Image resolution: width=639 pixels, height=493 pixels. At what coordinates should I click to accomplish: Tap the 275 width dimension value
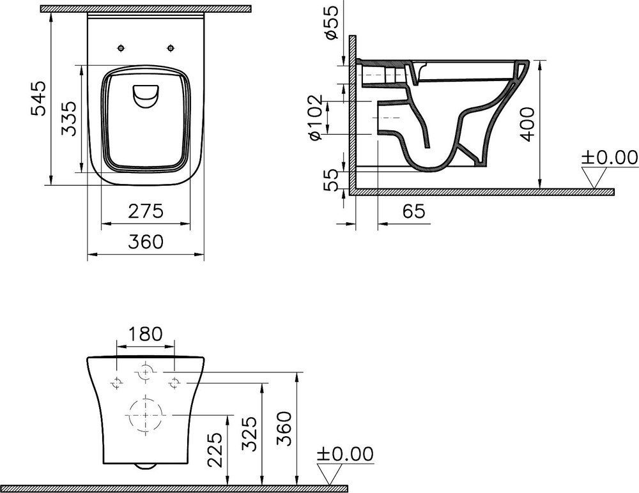pyautogui.click(x=146, y=210)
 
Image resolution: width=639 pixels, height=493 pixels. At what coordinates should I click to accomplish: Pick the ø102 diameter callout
pyautogui.click(x=313, y=118)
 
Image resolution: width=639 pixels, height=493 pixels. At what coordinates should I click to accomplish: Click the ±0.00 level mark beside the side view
pyautogui.click(x=608, y=158)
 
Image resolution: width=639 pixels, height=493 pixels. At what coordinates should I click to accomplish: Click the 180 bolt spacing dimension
pyautogui.click(x=146, y=334)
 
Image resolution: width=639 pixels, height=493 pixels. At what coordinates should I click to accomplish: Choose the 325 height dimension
pyautogui.click(x=250, y=432)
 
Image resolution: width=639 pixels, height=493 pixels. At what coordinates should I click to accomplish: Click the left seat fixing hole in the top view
pyautogui.click(x=121, y=48)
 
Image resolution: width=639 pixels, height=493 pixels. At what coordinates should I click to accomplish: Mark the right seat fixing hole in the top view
pyautogui.click(x=171, y=48)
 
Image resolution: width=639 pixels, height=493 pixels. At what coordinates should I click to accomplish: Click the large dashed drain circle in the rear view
pyautogui.click(x=146, y=414)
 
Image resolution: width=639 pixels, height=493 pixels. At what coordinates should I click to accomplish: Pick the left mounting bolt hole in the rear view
pyautogui.click(x=117, y=382)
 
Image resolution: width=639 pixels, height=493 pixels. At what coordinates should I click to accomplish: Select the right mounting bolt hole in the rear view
pyautogui.click(x=175, y=382)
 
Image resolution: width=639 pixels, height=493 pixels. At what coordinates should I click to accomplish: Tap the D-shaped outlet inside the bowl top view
pyautogui.click(x=146, y=96)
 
